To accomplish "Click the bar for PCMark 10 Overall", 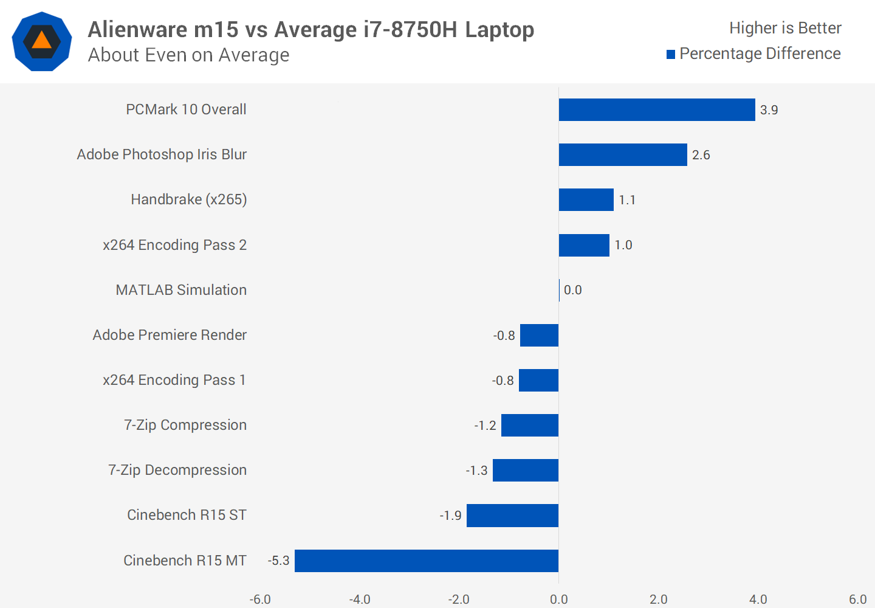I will pyautogui.click(x=657, y=110).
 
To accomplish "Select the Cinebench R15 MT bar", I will pyautogui.click(x=427, y=561).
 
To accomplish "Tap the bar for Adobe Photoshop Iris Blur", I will pyautogui.click(x=623, y=155).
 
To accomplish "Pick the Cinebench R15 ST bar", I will pyautogui.click(x=512, y=516).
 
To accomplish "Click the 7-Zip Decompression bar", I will pyautogui.click(x=526, y=471).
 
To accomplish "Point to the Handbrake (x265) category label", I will pyautogui.click(x=188, y=200).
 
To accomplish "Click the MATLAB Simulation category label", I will pyautogui.click(x=181, y=290).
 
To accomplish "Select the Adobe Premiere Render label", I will pyautogui.click(x=170, y=335).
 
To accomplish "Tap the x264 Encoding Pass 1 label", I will pyautogui.click(x=174, y=380).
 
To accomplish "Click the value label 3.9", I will pyautogui.click(x=769, y=110).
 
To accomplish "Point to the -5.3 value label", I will pyautogui.click(x=279, y=561).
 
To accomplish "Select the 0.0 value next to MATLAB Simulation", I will pyautogui.click(x=572, y=290).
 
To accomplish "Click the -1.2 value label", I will pyautogui.click(x=485, y=426).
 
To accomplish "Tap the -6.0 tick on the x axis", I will pyautogui.click(x=260, y=599).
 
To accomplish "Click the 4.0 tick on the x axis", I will pyautogui.click(x=758, y=599).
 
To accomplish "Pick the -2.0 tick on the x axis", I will pyautogui.click(x=459, y=599).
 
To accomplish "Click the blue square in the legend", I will pyautogui.click(x=671, y=55).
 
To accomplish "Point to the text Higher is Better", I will pyautogui.click(x=785, y=28).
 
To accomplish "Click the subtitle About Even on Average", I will pyautogui.click(x=188, y=55).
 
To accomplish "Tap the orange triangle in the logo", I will pyautogui.click(x=41, y=41).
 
